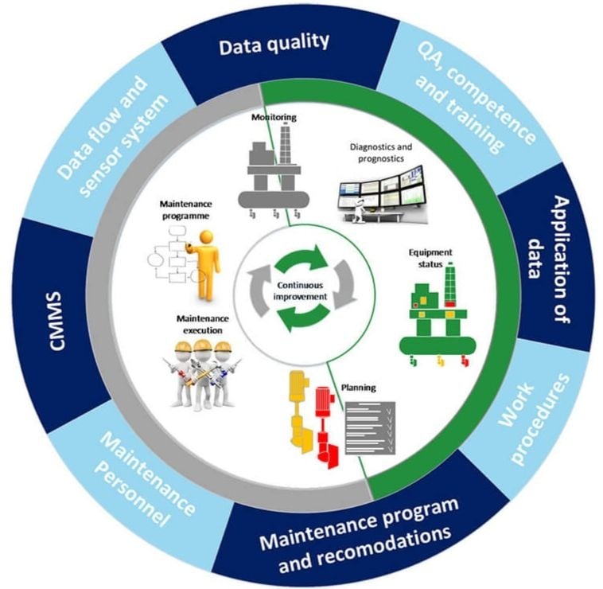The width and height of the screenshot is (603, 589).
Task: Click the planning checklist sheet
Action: (x=370, y=427)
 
